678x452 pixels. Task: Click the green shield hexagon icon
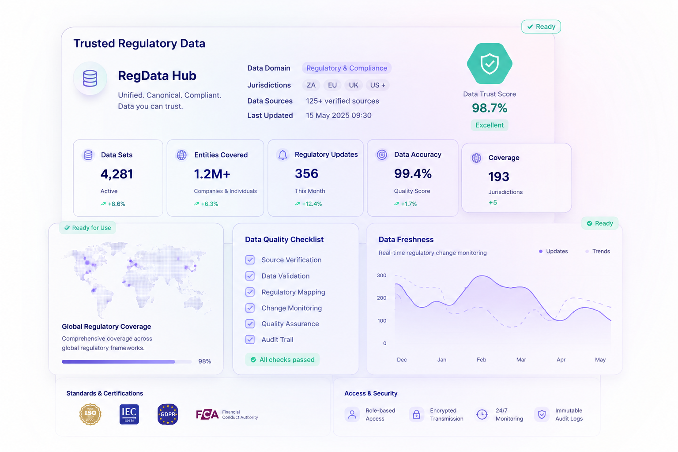(490, 64)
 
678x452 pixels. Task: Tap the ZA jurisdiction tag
(311, 85)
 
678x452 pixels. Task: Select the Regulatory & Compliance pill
(347, 68)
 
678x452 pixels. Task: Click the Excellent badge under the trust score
(490, 125)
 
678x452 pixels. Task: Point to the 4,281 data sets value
(117, 174)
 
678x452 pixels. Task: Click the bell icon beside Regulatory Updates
(282, 154)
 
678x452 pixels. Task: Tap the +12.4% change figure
(309, 204)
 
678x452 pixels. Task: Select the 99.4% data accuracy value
(413, 173)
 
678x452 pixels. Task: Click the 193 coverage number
(498, 177)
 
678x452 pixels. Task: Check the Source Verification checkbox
(250, 260)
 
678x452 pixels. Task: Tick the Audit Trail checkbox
(250, 339)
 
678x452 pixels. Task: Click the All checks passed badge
(282, 360)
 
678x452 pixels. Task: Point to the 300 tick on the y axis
(381, 275)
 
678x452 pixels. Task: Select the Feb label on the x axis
(481, 359)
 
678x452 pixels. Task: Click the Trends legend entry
(598, 251)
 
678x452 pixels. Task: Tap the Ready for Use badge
(87, 228)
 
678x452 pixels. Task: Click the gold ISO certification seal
(90, 414)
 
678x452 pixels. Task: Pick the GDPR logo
(168, 414)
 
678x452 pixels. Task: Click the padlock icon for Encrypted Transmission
(417, 414)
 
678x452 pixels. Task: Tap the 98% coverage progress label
(205, 361)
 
